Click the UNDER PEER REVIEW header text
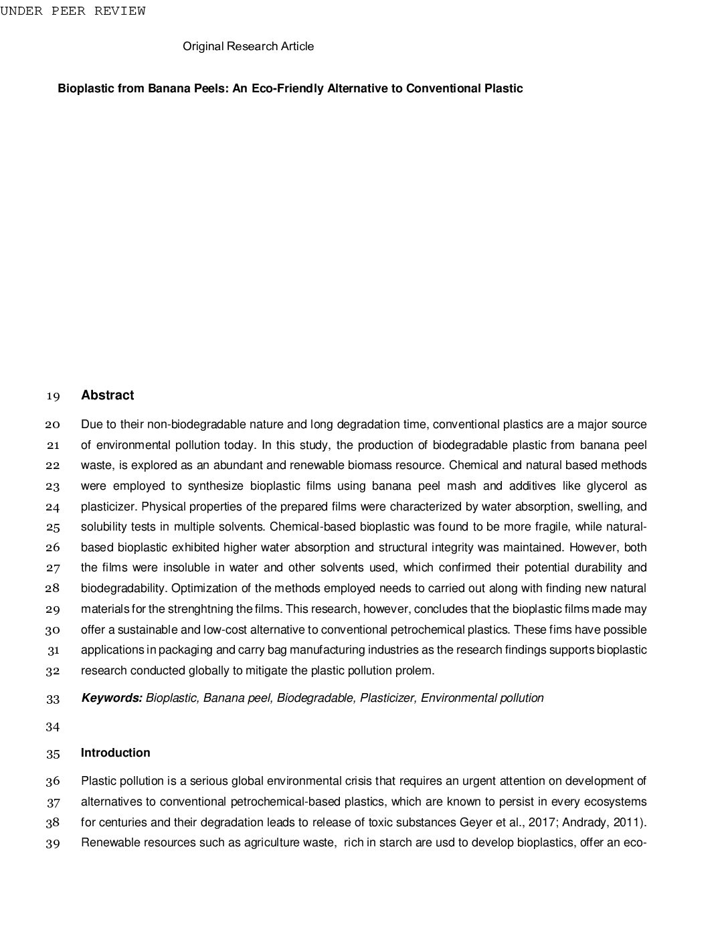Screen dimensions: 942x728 [x=72, y=11]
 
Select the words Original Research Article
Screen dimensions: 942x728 [x=248, y=46]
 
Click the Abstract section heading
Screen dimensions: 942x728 [x=107, y=395]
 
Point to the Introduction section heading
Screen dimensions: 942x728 [x=115, y=753]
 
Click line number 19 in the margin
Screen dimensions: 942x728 [x=53, y=396]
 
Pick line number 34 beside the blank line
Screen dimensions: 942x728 [x=53, y=727]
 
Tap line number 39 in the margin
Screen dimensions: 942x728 [x=53, y=843]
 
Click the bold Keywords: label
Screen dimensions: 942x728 [x=111, y=698]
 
